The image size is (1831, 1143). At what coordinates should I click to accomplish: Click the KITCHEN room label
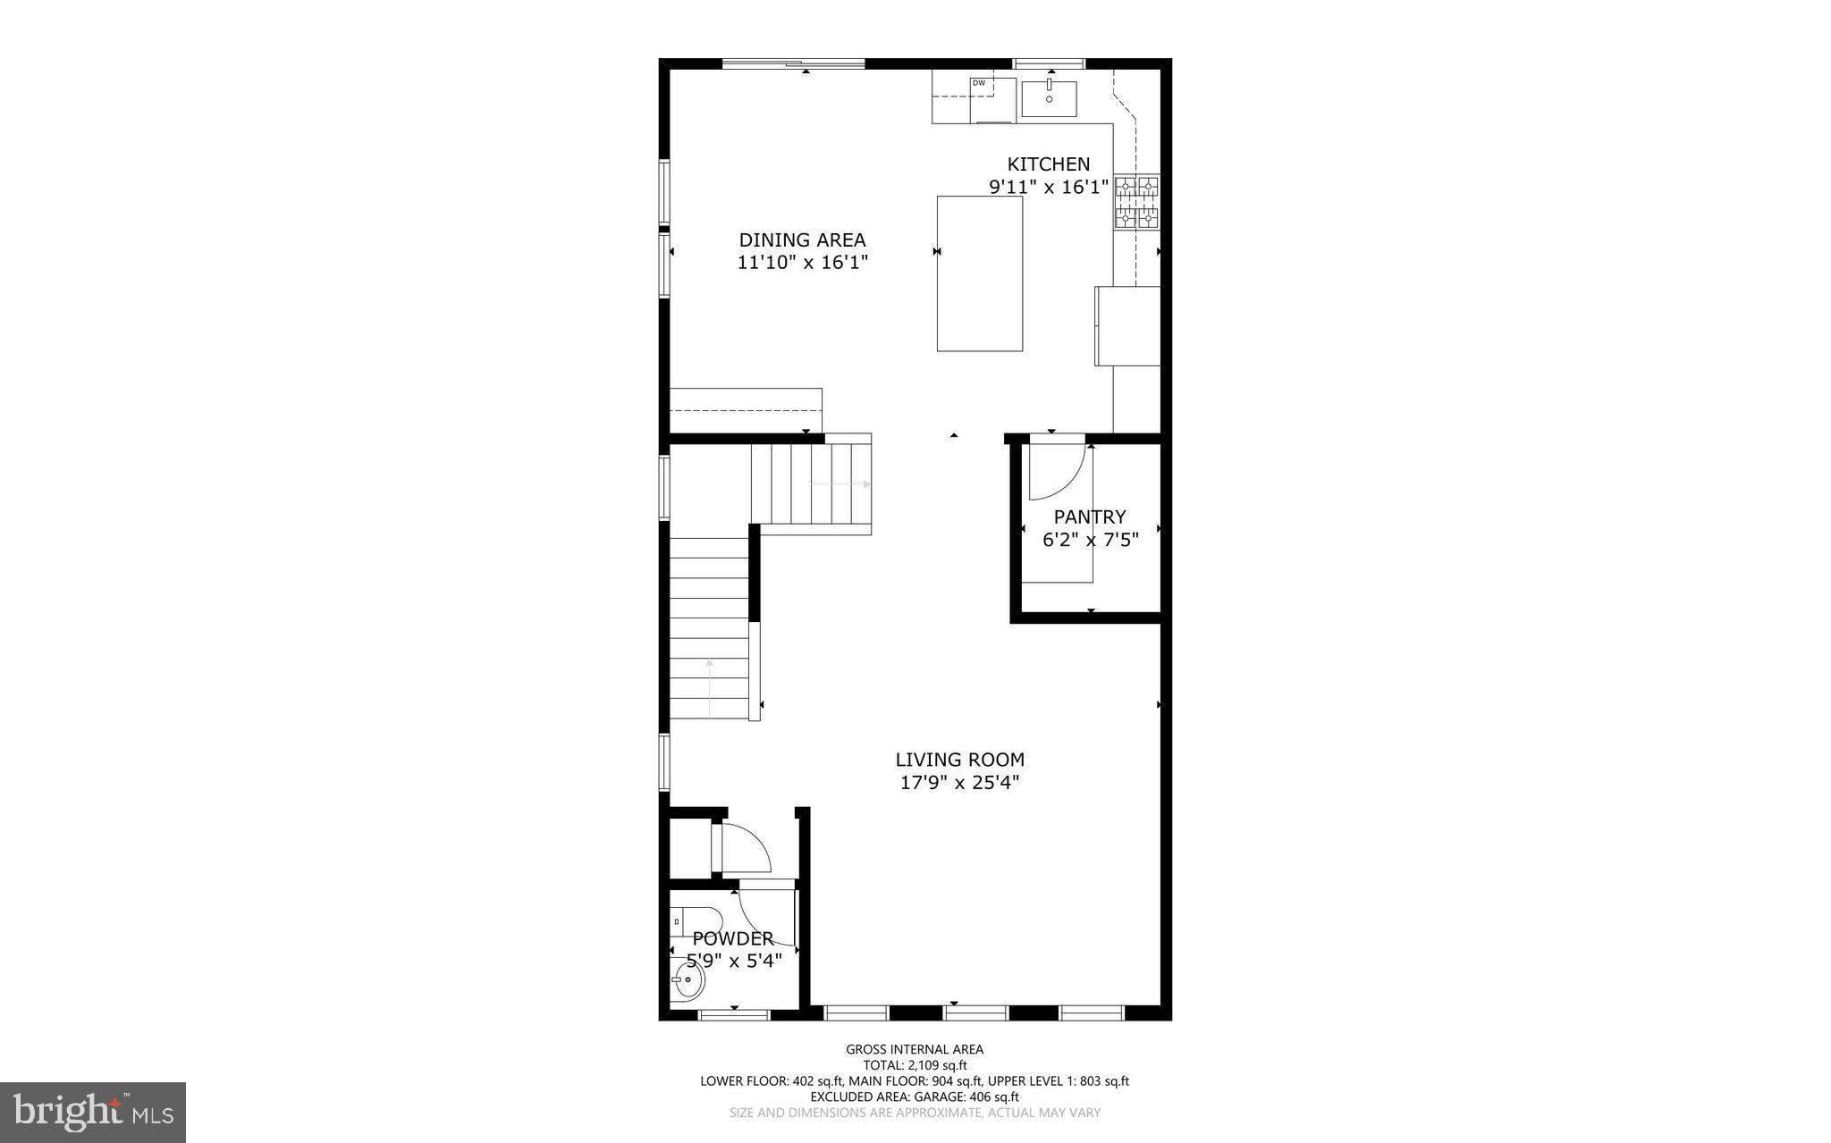tap(1048, 164)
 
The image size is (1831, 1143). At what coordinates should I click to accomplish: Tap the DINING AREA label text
tap(802, 240)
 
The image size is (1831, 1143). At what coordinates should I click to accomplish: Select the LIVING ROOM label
tap(959, 760)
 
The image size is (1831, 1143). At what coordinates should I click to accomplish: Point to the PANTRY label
tap(1089, 517)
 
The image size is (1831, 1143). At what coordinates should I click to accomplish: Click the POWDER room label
tap(733, 939)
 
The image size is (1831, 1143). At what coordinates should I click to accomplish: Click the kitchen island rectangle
tap(979, 273)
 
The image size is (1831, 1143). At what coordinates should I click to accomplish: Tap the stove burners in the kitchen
tap(1136, 202)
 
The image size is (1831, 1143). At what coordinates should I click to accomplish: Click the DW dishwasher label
tap(979, 83)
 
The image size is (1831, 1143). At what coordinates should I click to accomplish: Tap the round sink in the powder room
tap(688, 982)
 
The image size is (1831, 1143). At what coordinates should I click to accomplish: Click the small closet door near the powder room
tap(744, 849)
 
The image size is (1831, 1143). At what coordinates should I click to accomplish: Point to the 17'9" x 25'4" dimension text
tap(959, 783)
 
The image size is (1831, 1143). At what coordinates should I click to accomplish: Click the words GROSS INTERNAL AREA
tap(915, 1049)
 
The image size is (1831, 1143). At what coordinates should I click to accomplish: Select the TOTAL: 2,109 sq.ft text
tap(915, 1065)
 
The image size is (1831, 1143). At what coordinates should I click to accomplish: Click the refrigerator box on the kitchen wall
tap(1127, 325)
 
